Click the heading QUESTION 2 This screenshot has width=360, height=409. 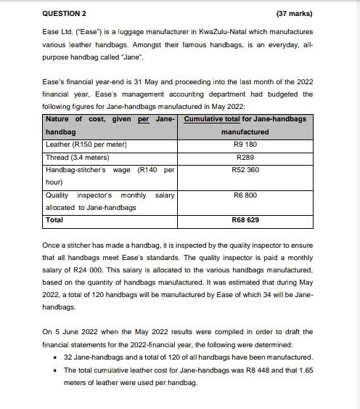point(64,14)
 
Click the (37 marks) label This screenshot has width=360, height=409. point(295,14)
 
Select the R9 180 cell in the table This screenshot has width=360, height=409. point(245,144)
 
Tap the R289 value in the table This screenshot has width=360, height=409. point(245,157)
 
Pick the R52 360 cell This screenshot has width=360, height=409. point(245,170)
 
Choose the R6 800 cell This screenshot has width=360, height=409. point(245,195)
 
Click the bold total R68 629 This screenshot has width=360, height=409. point(245,219)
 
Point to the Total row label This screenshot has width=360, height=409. point(54,219)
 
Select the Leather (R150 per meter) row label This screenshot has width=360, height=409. point(86,144)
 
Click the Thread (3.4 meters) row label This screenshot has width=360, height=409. point(77,157)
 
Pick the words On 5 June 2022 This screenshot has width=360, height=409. point(68,332)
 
